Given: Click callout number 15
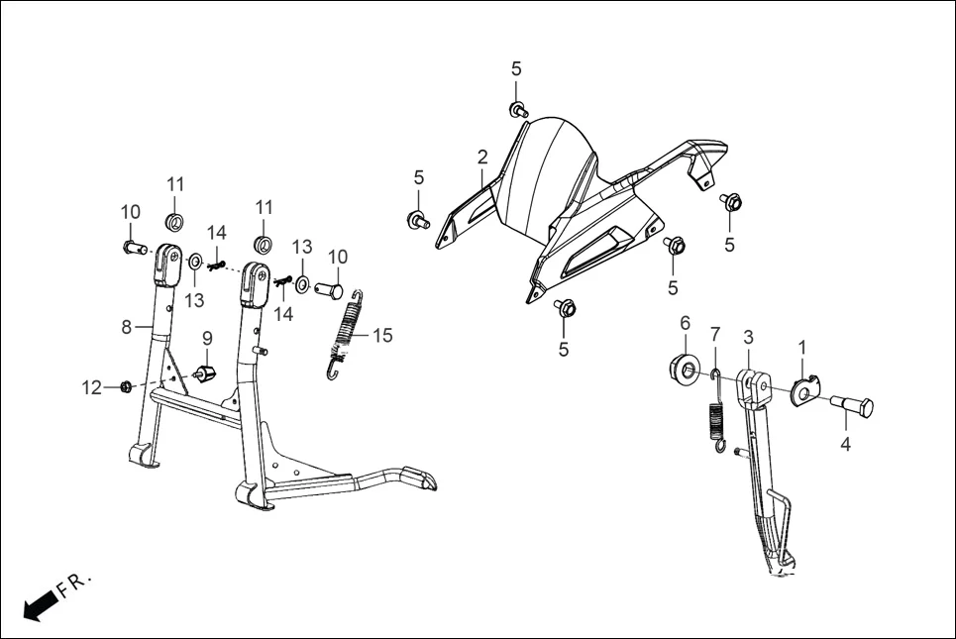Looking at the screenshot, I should click(381, 336).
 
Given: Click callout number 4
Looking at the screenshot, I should click(846, 445).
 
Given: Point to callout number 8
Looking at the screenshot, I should click(127, 327).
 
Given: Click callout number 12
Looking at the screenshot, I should click(91, 387).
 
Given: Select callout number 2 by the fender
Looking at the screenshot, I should click(482, 157).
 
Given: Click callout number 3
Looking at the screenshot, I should click(748, 338).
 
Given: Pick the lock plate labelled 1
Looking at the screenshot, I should click(805, 389).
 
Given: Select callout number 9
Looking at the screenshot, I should click(207, 338).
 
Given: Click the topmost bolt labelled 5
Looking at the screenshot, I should click(517, 108).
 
